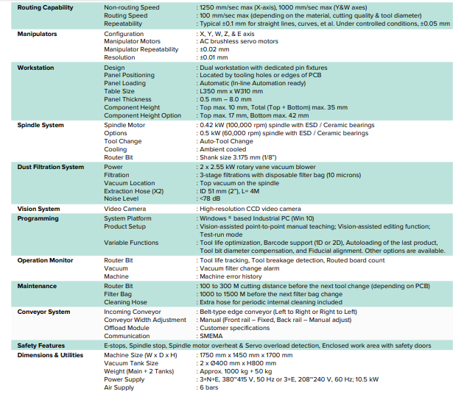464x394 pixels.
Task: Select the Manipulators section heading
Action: pos(38,34)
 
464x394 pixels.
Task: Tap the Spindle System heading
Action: pos(41,126)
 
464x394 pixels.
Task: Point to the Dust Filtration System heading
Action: pos(51,167)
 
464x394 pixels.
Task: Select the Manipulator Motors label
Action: pos(133,42)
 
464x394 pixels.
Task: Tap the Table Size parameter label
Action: pos(119,91)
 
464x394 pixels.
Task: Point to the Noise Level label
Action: pos(122,197)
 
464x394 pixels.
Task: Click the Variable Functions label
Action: pos(131,243)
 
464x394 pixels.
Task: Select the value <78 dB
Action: pos(210,197)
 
